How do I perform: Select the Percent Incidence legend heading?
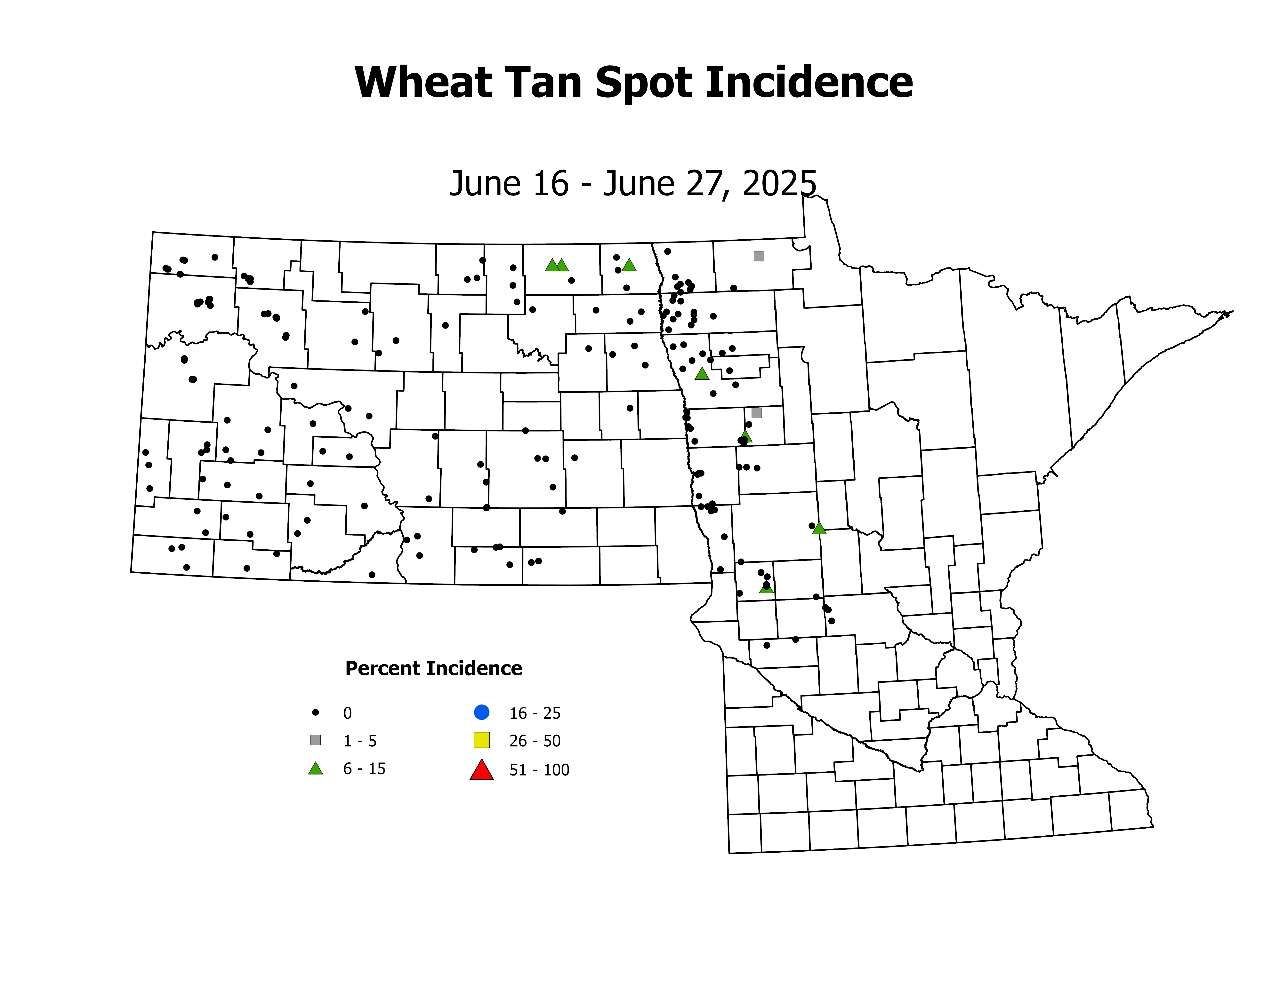pyautogui.click(x=433, y=668)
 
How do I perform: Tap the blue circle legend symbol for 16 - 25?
pyautogui.click(x=482, y=712)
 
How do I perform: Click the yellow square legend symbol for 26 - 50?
pyautogui.click(x=482, y=740)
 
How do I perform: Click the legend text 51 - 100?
pyautogui.click(x=539, y=770)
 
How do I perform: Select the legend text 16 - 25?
pyautogui.click(x=535, y=713)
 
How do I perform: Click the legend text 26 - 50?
pyautogui.click(x=535, y=741)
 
